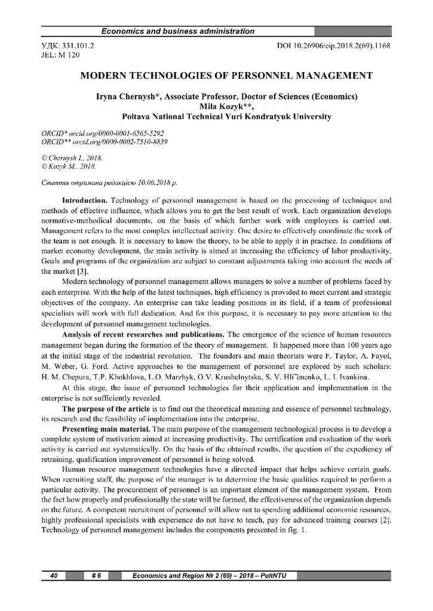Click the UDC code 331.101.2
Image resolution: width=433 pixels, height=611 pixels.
point(78,45)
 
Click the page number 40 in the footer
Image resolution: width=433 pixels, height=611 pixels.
point(54,575)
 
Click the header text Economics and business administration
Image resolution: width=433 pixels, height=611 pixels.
point(178,31)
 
